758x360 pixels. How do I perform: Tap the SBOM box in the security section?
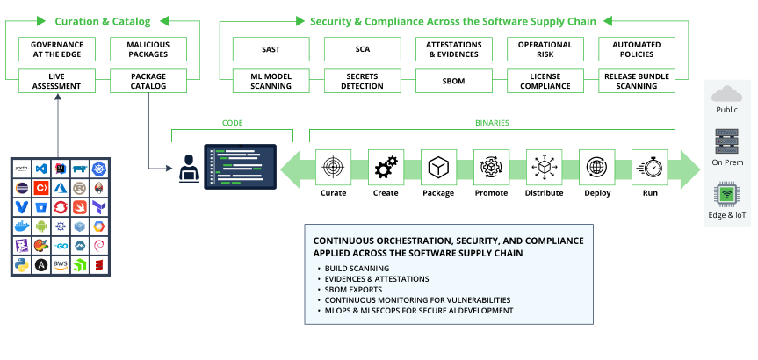[451, 80]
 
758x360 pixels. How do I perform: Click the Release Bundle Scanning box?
[637, 80]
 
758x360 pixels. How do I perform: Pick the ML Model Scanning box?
[268, 80]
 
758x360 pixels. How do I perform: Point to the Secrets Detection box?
[359, 80]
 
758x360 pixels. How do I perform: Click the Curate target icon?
[333, 167]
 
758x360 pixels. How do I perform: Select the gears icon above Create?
[386, 167]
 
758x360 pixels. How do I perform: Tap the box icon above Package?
[438, 167]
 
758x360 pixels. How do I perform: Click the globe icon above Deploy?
[596, 167]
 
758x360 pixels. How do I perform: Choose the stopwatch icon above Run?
[650, 167]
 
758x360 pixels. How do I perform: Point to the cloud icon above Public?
[727, 94]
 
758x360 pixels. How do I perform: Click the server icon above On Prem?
[727, 140]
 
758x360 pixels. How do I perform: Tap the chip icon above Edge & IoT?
[727, 194]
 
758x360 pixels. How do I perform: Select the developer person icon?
[187, 166]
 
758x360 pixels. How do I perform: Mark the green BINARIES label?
[492, 124]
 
